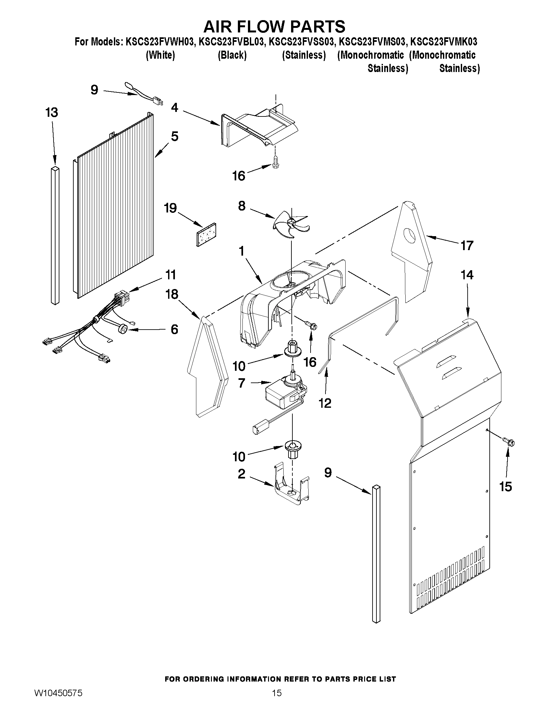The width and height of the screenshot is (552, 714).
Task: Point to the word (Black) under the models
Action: click(x=232, y=55)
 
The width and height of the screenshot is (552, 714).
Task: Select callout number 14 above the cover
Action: click(x=467, y=275)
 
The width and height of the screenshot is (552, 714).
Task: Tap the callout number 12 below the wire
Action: click(x=325, y=404)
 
